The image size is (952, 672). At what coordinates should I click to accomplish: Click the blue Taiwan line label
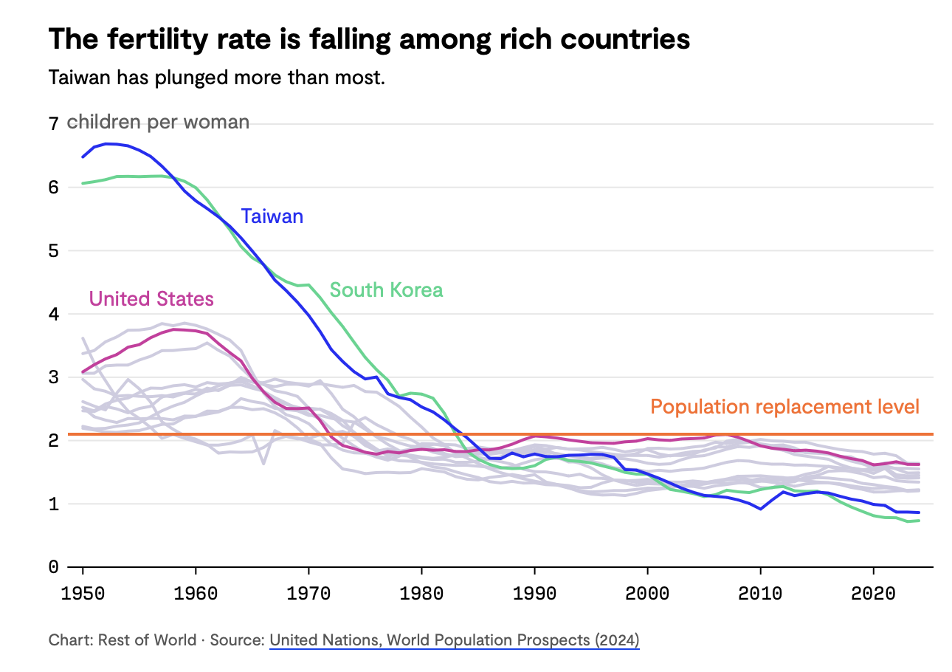(272, 216)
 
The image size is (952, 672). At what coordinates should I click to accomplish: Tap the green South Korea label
(386, 289)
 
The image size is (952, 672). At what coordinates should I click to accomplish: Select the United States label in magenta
(151, 298)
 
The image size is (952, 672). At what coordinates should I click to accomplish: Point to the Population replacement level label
(784, 407)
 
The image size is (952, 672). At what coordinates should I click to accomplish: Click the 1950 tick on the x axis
(83, 594)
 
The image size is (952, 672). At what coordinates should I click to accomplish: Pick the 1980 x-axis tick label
(421, 594)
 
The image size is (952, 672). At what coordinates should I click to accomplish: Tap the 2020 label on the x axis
(873, 594)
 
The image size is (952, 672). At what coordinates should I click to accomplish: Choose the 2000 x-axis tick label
(647, 594)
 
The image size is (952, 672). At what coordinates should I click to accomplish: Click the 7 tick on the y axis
(53, 124)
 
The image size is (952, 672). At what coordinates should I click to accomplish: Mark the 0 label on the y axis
(53, 567)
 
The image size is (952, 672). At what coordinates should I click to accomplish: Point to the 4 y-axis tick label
(53, 314)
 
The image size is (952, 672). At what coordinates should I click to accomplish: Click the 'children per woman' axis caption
(158, 122)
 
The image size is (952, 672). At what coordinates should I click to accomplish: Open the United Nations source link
(454, 640)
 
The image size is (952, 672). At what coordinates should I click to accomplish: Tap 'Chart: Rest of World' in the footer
(122, 640)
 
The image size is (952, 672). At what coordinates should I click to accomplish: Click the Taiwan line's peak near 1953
(108, 143)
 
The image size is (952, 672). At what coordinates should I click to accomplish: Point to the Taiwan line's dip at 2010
(760, 509)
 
